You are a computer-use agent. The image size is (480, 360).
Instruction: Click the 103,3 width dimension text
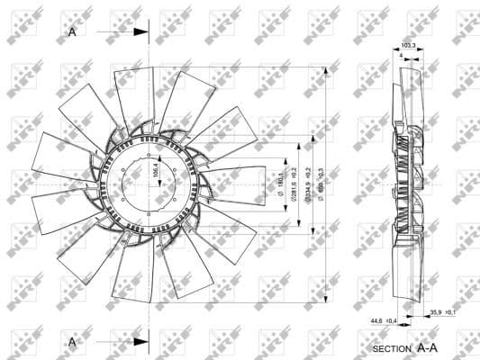(409, 43)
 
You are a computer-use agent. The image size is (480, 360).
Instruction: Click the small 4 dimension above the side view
(401, 56)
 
